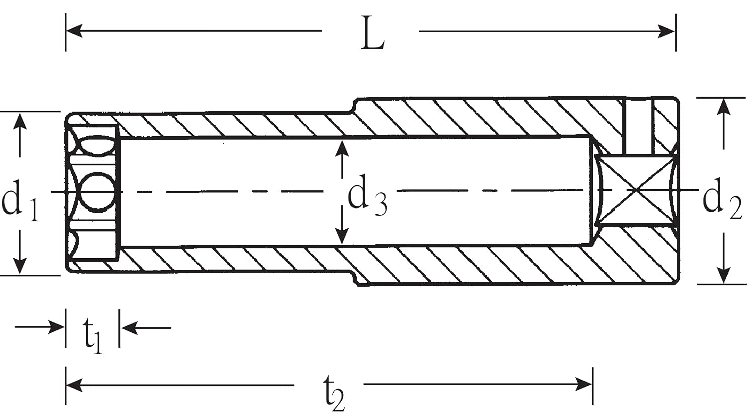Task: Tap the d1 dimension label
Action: click(20, 201)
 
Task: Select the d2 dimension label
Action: click(722, 201)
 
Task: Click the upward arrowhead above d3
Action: click(342, 148)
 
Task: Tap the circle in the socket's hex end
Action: click(99, 192)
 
